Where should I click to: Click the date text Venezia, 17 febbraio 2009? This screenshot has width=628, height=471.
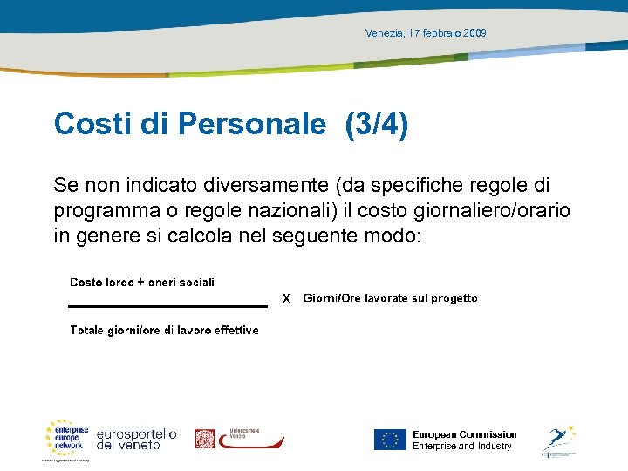point(426,33)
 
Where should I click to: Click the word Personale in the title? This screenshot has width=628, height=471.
point(251,125)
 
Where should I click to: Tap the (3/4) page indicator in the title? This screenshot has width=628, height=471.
point(377,125)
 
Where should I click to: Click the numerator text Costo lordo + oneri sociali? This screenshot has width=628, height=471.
point(142,282)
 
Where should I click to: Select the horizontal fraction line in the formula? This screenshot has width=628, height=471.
point(167,305)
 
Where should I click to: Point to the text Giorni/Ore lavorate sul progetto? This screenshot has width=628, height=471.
point(390,298)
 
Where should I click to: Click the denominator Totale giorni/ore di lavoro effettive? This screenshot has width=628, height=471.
point(164,330)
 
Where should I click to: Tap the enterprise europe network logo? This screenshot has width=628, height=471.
point(67,437)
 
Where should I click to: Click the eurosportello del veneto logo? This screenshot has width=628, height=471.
point(136,439)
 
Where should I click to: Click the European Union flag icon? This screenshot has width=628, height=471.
point(390,440)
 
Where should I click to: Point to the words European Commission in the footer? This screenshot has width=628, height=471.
point(464,434)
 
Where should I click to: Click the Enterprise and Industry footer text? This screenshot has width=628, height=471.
point(461,447)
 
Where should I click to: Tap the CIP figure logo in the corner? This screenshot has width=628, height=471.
point(557,440)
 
